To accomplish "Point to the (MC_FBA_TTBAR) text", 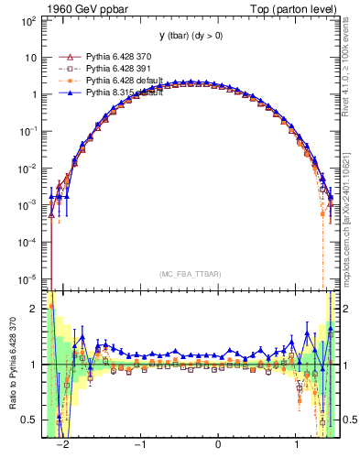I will point(190,273).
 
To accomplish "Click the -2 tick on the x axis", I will point(63,445).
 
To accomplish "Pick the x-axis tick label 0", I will point(218,445).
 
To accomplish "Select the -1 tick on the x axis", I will point(140,445).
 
